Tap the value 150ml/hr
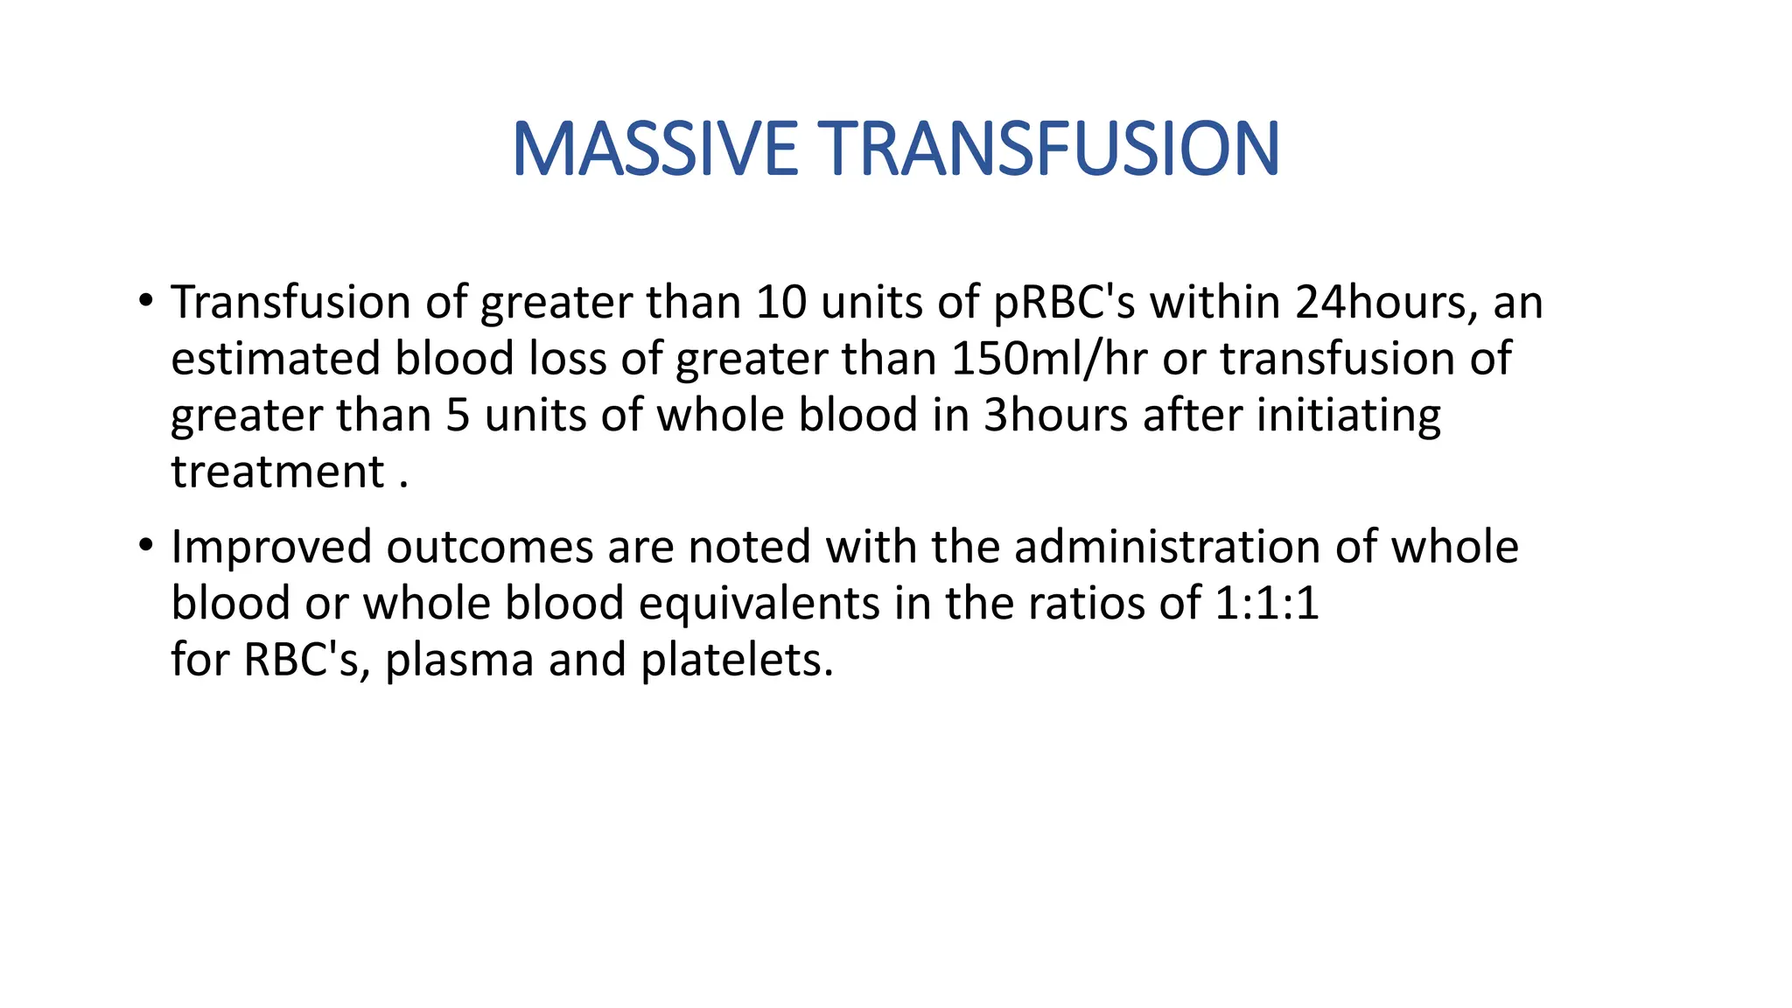coord(1048,360)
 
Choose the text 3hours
coord(1055,416)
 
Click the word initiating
coord(1348,416)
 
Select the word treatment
coord(277,472)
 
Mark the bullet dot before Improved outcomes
coord(145,546)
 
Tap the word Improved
coord(271,547)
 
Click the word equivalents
coord(759,604)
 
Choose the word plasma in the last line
coord(459,660)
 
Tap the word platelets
coord(737,660)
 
